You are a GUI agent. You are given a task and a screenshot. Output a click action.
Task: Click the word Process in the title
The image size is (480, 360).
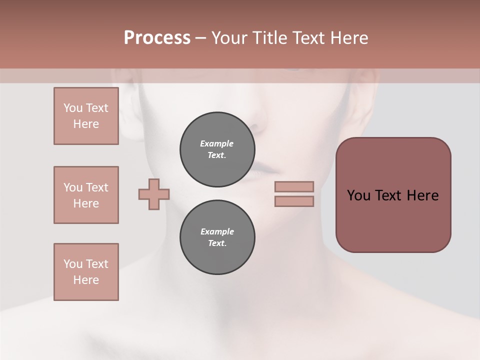pos(157,38)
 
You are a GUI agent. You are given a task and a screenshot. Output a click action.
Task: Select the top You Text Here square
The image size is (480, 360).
pos(86,116)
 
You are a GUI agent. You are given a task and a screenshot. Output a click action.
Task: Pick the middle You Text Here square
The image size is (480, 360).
pos(86,195)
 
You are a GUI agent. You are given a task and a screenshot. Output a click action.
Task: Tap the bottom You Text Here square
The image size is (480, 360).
pos(86,272)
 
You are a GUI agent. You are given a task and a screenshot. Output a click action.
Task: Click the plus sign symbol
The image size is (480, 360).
pos(154,194)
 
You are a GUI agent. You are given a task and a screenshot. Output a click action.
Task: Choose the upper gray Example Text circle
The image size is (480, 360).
pos(217,149)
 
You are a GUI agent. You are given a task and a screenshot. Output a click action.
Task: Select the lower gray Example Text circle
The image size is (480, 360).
pos(217,237)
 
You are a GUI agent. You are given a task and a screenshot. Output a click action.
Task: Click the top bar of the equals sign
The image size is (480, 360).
pos(294,186)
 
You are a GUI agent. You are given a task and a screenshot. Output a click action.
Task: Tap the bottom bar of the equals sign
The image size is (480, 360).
pos(294,201)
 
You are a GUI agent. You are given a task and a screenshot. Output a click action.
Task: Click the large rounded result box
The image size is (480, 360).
pos(393,195)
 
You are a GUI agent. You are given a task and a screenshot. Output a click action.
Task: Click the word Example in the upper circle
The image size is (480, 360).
pos(217,143)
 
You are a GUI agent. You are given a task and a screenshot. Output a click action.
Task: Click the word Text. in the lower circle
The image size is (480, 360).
pos(217,243)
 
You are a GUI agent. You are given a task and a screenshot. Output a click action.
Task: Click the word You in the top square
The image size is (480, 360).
pos(73,108)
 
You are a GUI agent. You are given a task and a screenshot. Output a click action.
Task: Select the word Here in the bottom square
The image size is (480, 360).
pos(86,280)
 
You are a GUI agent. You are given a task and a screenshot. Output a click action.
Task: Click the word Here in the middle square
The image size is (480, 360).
pos(86,203)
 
